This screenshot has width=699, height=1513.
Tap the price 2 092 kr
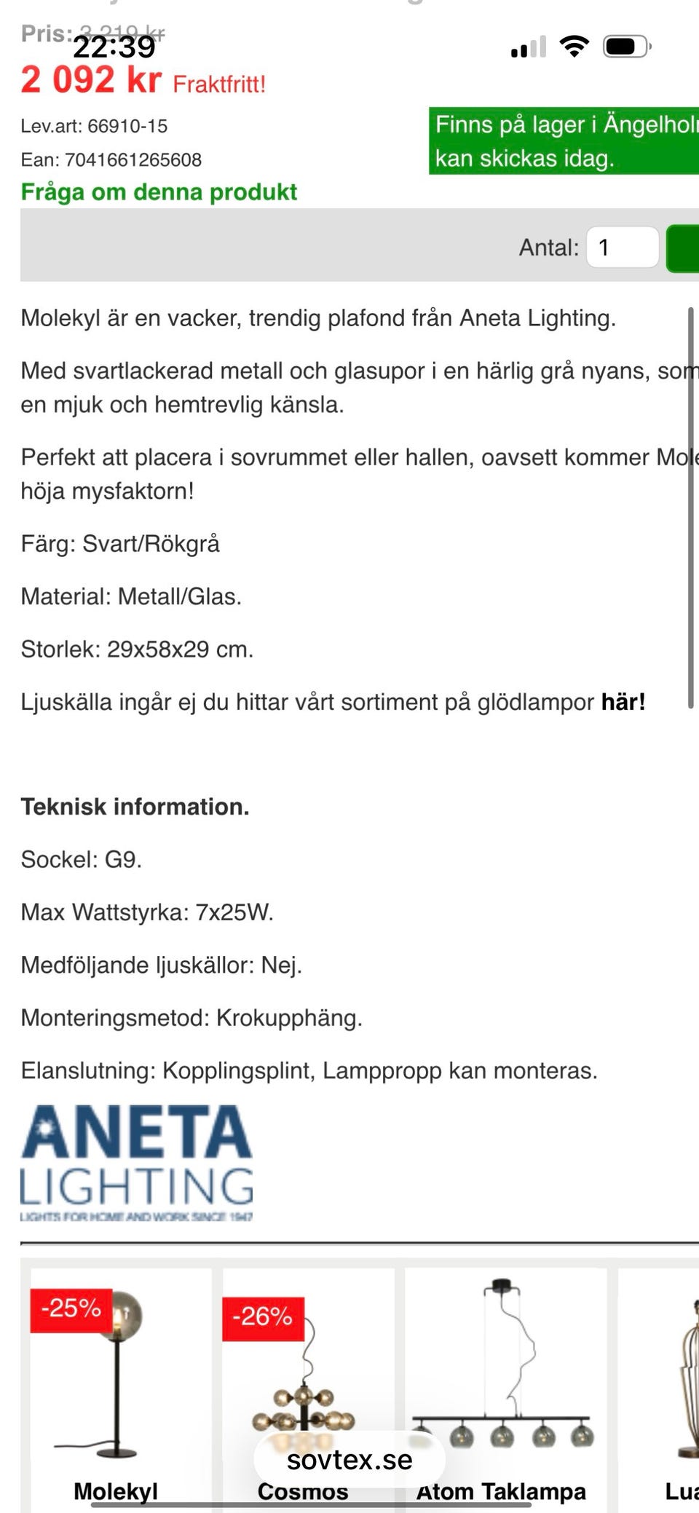91,79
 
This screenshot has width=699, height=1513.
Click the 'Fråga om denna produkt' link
159,191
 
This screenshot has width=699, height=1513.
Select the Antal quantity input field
623,248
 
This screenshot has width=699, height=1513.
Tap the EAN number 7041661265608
133,159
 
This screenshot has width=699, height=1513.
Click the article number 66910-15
127,126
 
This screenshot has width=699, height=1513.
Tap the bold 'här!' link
623,702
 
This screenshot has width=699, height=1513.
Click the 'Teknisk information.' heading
135,807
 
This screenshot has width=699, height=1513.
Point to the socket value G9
122,859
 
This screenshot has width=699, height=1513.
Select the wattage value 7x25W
234,912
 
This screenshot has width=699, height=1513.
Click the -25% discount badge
71,1308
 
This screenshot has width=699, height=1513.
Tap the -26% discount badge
262,1316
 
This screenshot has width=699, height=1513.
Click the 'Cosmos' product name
303,1491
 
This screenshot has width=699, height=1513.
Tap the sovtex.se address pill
349,1459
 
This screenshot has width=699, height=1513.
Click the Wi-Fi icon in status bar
574,47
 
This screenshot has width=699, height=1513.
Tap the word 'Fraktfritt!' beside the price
219,84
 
